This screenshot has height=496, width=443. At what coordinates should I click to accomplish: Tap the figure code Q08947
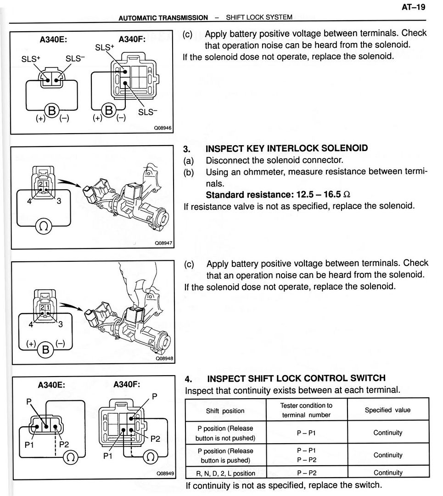click(163, 243)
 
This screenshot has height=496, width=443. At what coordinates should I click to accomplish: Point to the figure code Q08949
click(165, 473)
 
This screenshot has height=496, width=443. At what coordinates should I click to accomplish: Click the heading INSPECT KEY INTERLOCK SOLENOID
click(286, 148)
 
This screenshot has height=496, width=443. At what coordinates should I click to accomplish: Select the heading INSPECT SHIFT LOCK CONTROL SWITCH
click(296, 378)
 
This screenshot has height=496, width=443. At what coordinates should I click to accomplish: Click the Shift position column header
click(225, 411)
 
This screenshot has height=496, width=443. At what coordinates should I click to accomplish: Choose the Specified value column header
click(388, 410)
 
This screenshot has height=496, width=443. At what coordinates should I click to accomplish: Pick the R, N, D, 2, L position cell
click(225, 473)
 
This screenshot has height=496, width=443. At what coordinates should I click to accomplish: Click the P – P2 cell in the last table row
click(306, 473)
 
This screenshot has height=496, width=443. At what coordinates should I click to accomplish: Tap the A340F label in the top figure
click(132, 39)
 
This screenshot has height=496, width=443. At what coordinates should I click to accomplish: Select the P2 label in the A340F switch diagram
click(155, 439)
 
